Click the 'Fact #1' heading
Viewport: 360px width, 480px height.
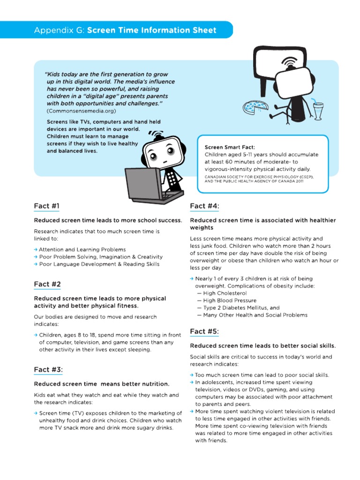(x=47, y=206)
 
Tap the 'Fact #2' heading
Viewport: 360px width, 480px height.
(x=47, y=284)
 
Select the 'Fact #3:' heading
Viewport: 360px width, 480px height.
(x=48, y=369)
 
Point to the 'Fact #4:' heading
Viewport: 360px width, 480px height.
(x=204, y=206)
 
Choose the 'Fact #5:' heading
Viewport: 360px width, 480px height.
(x=204, y=331)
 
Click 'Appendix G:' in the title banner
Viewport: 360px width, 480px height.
(x=59, y=30)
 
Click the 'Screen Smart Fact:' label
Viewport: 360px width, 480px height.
(x=226, y=147)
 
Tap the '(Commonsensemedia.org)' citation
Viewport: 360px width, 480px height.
(x=81, y=111)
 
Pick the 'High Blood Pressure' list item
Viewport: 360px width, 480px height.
(x=227, y=300)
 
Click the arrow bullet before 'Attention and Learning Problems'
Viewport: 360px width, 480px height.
(x=36, y=250)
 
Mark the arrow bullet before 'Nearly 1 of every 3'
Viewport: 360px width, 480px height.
(x=192, y=278)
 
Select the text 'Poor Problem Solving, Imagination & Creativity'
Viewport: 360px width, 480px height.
(x=101, y=257)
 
